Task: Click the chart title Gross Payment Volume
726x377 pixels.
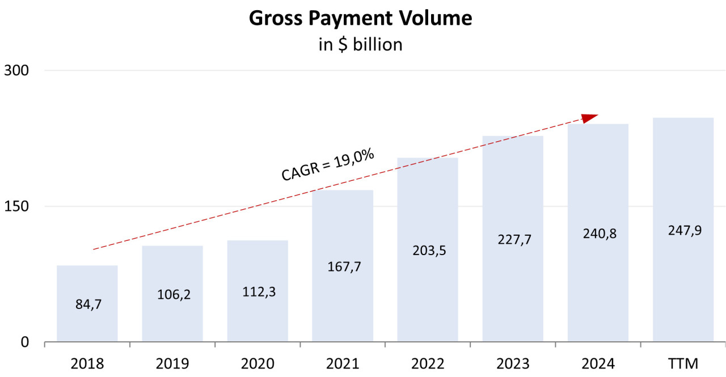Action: tap(360, 18)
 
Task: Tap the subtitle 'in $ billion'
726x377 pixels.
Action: tap(360, 44)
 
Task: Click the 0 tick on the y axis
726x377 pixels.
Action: tap(24, 342)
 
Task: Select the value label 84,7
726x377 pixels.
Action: tap(87, 304)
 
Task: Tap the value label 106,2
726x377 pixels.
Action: tap(172, 295)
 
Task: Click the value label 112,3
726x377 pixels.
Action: tap(258, 293)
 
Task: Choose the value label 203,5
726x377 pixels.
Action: tap(428, 251)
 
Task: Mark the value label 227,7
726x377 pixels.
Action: tap(513, 240)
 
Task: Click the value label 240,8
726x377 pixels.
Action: tap(598, 234)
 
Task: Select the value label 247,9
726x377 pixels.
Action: tap(683, 231)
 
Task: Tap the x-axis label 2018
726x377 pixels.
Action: tap(87, 363)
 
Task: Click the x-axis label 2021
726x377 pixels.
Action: tap(343, 363)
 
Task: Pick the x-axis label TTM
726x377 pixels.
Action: tap(683, 363)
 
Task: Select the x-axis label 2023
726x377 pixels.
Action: tap(513, 363)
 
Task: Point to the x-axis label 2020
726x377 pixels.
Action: tap(258, 363)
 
